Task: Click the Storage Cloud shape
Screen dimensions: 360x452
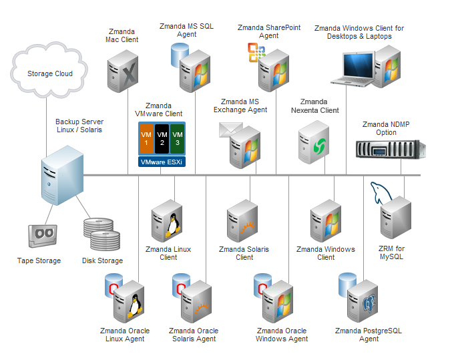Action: pyautogui.click(x=49, y=73)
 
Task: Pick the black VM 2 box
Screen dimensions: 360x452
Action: pyautogui.click(x=162, y=139)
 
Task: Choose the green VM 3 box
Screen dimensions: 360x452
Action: pyautogui.click(x=177, y=139)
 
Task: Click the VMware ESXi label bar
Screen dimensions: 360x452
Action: pyautogui.click(x=162, y=162)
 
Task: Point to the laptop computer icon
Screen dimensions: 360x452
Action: pyautogui.click(x=358, y=67)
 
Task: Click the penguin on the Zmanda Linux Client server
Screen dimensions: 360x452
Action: pyautogui.click(x=172, y=224)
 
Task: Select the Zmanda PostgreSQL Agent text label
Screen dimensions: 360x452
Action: pyautogui.click(x=369, y=335)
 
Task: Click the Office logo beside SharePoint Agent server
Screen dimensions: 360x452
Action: pyautogui.click(x=256, y=52)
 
